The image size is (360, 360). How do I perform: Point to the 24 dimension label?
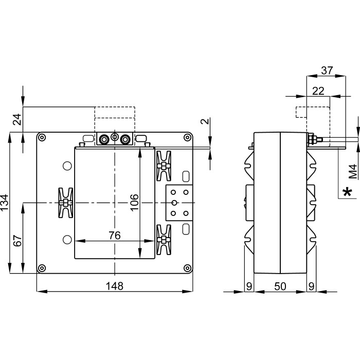17,119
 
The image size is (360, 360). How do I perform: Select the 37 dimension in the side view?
327,70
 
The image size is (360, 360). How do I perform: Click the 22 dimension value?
318,91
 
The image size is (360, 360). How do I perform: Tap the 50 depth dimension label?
280,286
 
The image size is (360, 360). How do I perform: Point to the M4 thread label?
352,171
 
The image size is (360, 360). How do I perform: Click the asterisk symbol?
348,192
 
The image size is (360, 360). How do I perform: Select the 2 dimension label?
205,122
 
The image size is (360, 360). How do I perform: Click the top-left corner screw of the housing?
41,137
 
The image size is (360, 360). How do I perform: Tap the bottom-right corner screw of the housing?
188,268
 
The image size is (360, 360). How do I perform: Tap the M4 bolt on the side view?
315,139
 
